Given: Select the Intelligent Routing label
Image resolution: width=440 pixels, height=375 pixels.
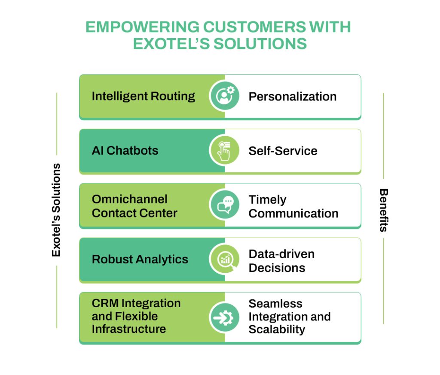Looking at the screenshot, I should [143, 96].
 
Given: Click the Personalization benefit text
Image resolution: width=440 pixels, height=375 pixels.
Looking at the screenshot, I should [292, 96].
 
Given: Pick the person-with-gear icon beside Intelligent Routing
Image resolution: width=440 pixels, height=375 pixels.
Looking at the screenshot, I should [225, 97].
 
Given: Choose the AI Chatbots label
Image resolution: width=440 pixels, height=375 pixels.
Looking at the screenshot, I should [125, 151].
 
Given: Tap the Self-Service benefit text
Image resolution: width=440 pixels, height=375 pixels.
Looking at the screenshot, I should [283, 151].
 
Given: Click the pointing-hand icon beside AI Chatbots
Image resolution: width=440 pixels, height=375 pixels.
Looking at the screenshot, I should [225, 151].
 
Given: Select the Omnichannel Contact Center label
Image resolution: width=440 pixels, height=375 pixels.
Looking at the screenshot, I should [134, 206].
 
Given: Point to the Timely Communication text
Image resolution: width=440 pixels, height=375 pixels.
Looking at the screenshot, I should [293, 207].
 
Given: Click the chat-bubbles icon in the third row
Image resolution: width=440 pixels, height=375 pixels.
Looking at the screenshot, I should [225, 206].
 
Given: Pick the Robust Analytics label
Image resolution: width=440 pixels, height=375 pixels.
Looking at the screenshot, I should [140, 259].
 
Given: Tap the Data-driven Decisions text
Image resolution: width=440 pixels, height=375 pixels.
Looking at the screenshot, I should [281, 261].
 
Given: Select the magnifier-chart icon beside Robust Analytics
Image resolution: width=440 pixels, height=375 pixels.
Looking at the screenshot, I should [225, 260].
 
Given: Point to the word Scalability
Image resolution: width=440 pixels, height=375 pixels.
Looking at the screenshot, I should [277, 329].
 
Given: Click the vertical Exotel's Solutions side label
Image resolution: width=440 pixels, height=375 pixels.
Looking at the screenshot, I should [56, 210].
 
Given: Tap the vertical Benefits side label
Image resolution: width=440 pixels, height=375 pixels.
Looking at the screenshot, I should [383, 210].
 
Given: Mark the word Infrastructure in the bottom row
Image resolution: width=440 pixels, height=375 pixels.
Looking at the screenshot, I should [129, 329].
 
